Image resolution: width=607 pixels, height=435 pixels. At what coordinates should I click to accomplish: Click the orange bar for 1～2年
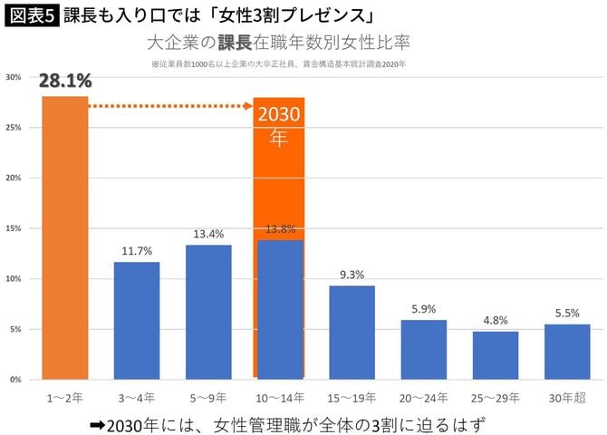(64, 237)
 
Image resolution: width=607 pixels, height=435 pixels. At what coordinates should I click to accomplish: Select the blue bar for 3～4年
(137, 320)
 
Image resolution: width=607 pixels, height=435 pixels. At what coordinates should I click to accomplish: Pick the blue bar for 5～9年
(208, 311)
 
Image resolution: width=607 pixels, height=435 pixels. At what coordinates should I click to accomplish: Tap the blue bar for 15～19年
(352, 332)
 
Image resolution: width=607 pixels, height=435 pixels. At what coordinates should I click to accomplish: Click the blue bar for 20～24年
(423, 349)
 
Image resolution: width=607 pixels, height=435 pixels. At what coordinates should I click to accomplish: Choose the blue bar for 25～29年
(496, 354)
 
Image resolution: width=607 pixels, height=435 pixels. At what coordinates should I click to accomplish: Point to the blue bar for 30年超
(567, 351)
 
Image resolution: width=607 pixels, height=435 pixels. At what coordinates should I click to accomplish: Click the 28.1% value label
(64, 83)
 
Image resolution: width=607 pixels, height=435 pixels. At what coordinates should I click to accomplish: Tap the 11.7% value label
(137, 251)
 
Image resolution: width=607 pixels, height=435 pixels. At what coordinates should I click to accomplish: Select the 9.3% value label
(352, 275)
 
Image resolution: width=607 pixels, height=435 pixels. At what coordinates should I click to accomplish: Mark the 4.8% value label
(496, 320)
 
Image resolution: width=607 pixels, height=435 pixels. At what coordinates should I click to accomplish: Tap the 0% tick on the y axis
(15, 380)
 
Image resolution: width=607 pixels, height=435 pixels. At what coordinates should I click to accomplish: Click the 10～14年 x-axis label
(280, 397)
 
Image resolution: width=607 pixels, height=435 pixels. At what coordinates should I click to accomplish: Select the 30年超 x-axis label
(567, 397)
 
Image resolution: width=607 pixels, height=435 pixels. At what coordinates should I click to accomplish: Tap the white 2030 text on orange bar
(278, 117)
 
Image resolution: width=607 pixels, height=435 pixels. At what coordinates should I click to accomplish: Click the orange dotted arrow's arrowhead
(247, 106)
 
